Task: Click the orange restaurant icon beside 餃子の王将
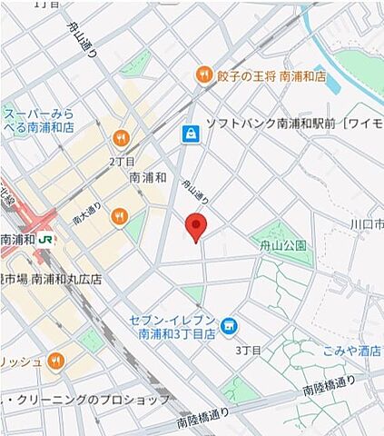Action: pos(203,76)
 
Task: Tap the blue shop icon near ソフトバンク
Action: pos(190,134)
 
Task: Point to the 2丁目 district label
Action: pos(122,160)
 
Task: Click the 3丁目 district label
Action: pos(249,350)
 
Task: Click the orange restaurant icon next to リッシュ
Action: pos(56,362)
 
